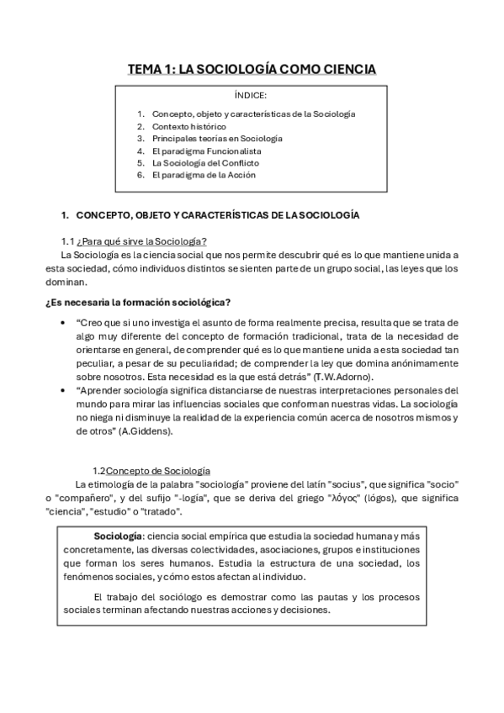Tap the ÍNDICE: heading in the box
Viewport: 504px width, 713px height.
pyautogui.click(x=252, y=95)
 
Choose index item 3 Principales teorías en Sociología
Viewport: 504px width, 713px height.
pyautogui.click(x=217, y=138)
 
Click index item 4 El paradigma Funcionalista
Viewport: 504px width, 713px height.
pyautogui.click(x=205, y=151)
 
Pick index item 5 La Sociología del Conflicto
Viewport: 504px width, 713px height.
pyautogui.click(x=205, y=162)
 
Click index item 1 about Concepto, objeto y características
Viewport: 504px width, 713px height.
pyautogui.click(x=253, y=113)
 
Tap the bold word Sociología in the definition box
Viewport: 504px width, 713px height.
pyautogui.click(x=119, y=536)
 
